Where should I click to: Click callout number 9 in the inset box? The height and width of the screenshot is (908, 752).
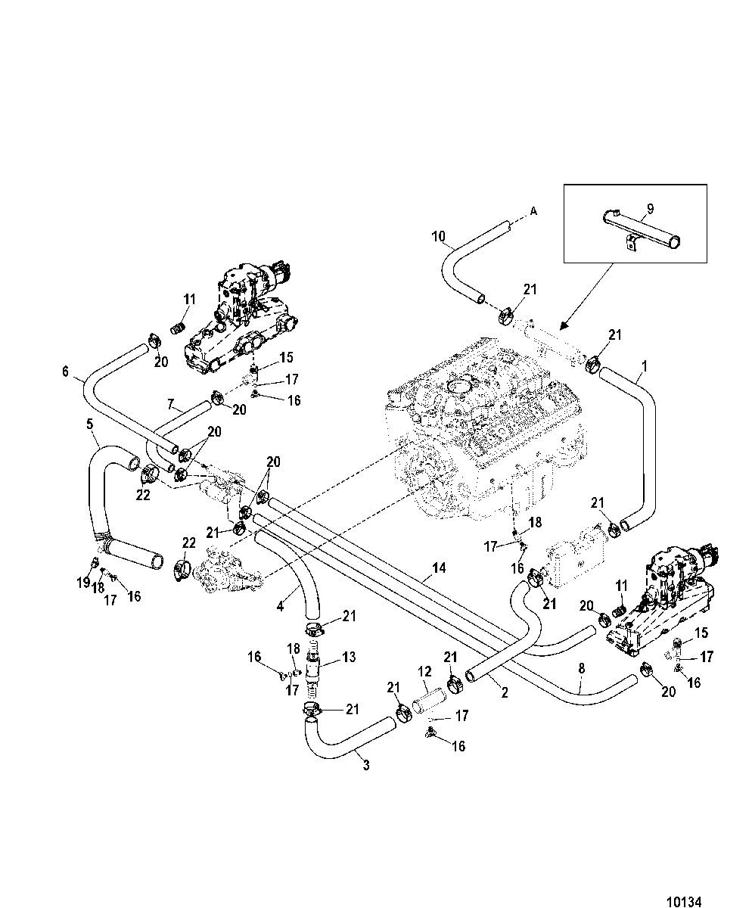tap(650, 209)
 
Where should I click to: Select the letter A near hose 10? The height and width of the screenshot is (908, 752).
tap(533, 211)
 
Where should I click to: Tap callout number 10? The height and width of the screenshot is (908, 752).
tap(438, 236)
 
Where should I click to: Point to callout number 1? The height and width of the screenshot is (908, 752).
tap(644, 366)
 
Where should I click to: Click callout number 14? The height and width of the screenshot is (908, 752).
tap(439, 567)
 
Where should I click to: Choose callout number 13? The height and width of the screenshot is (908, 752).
tap(349, 657)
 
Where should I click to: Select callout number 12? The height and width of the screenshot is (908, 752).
tap(424, 671)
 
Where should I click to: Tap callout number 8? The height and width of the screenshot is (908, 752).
tap(581, 668)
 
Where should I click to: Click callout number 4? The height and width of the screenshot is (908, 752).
tap(281, 606)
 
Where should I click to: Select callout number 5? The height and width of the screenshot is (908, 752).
tap(89, 424)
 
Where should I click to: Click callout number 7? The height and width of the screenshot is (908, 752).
tap(170, 405)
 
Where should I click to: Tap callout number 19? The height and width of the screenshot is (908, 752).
tap(83, 583)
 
